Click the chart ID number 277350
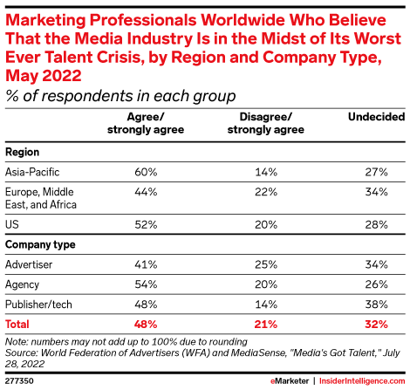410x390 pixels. (20, 380)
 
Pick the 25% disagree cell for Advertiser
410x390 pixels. (267, 263)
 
